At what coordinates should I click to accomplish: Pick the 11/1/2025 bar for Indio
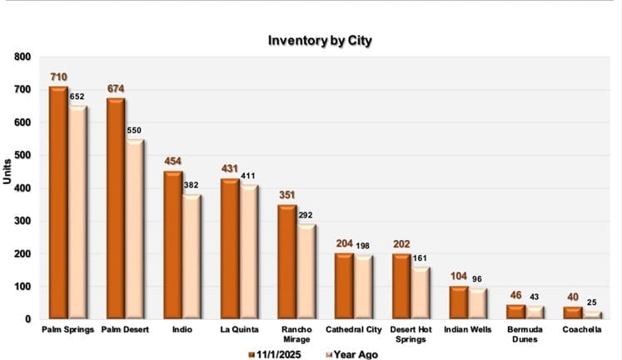(172, 245)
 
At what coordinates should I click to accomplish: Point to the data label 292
(306, 215)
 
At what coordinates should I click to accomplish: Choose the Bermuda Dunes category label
(524, 335)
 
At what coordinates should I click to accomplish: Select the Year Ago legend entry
(353, 354)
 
